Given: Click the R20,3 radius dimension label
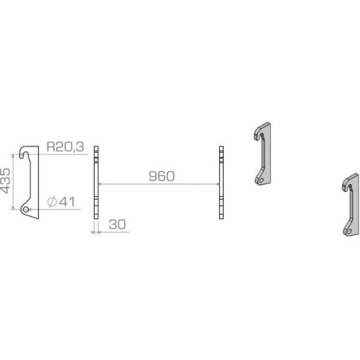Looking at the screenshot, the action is (x=65, y=147).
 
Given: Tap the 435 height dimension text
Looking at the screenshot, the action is (x=6, y=181).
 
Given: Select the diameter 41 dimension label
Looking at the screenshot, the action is (x=61, y=202).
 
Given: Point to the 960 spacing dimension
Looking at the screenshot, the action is (x=162, y=176).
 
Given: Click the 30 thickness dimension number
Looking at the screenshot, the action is (x=117, y=225).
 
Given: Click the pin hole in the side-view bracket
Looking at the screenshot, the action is (x=25, y=209).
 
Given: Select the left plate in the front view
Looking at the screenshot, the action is (x=96, y=182).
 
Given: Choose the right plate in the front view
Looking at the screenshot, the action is (x=221, y=182).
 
